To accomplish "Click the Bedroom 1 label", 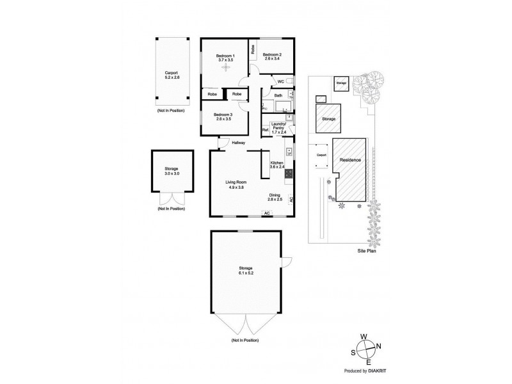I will click(x=225, y=56).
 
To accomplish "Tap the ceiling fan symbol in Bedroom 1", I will click(x=225, y=70).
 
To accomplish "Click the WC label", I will click(x=280, y=82).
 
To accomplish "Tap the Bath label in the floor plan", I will click(x=278, y=96).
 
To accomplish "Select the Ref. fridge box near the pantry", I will click(x=265, y=130).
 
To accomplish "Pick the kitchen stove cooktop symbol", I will click(x=289, y=172).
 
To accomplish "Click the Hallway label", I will click(x=239, y=143).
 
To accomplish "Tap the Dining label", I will click(x=274, y=196).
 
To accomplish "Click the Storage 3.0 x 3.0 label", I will click(x=172, y=172).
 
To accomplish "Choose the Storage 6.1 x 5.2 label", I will click(x=246, y=271).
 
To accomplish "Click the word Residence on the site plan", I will click(x=350, y=159).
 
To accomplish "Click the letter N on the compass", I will click(x=380, y=347).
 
